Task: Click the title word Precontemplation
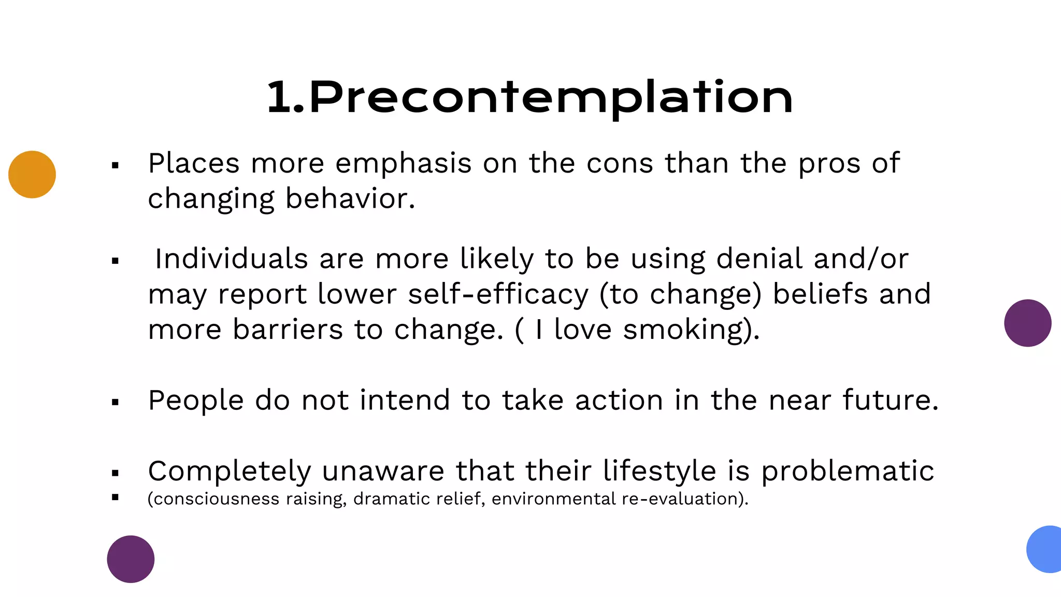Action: (550, 97)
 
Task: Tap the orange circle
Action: (32, 175)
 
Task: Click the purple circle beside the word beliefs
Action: (1027, 323)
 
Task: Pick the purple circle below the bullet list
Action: (131, 559)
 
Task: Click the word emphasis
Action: (404, 164)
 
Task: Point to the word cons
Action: (620, 164)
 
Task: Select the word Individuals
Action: (232, 259)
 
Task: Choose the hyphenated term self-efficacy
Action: (498, 294)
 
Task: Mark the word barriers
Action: (288, 330)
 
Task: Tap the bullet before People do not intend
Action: (115, 402)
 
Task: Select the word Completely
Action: (229, 472)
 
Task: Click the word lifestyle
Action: (659, 472)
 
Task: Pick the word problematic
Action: (848, 472)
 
